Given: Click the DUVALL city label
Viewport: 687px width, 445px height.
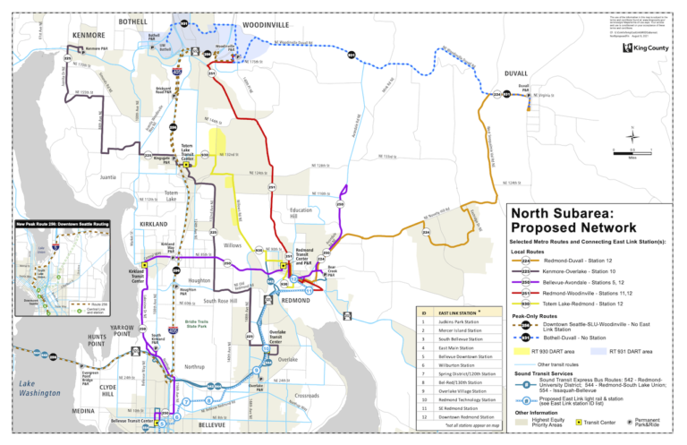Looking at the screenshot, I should pyautogui.click(x=516, y=73).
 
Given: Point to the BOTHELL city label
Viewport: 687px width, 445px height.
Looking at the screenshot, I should pyautogui.click(x=133, y=21).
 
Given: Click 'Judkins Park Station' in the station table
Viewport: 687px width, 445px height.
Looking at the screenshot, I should pyautogui.click(x=462, y=321).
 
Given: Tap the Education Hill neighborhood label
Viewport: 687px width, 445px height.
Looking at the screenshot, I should pyautogui.click(x=300, y=213).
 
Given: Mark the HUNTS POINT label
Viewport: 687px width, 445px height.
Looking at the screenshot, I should pyautogui.click(x=97, y=340).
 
